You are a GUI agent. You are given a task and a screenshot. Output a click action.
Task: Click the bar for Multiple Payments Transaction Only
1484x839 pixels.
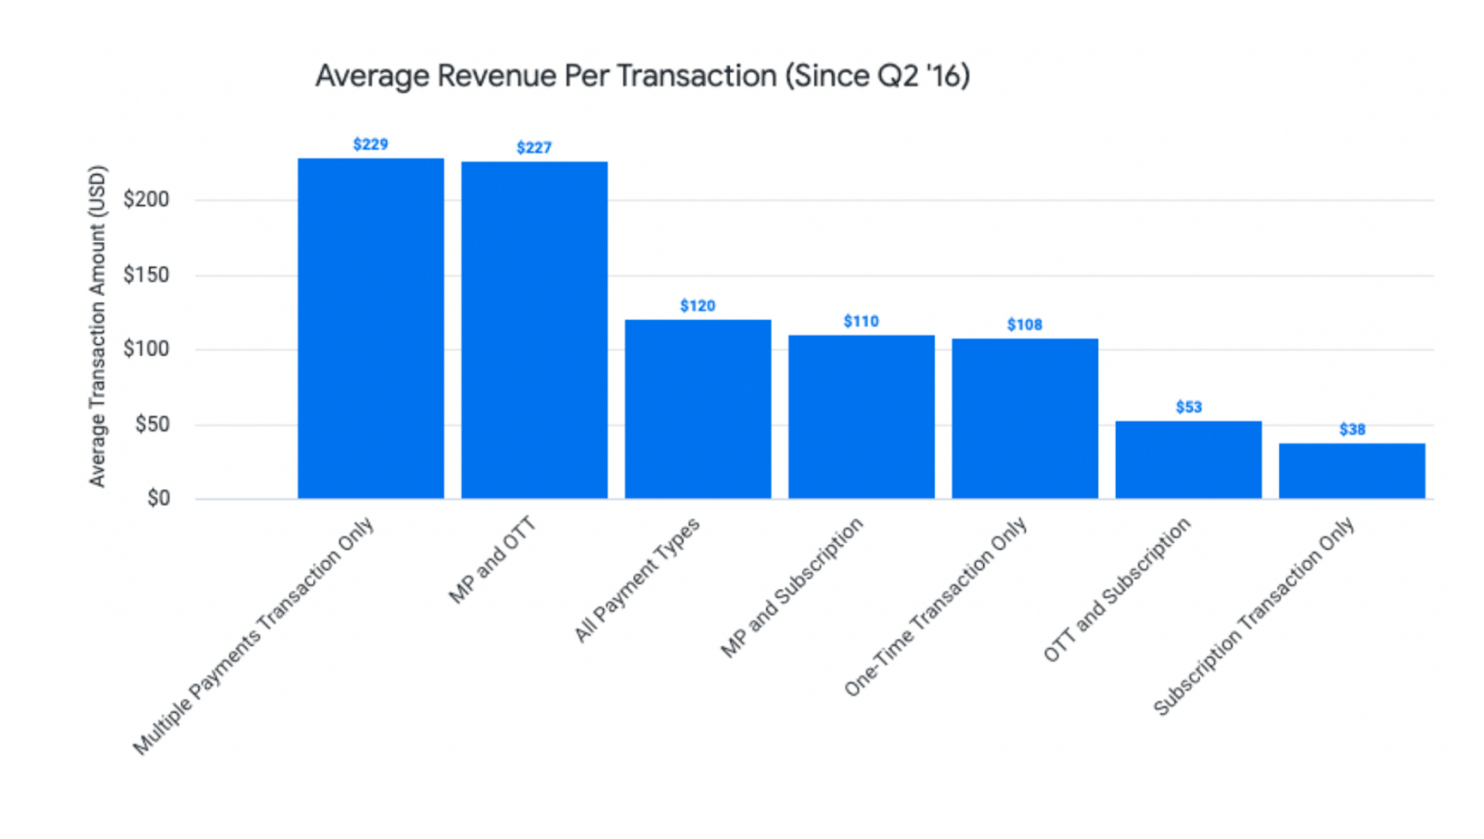coord(370,328)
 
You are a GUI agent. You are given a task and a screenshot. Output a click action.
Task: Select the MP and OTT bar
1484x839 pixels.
coord(534,330)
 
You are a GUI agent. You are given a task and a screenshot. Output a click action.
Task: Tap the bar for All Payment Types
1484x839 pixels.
coord(697,409)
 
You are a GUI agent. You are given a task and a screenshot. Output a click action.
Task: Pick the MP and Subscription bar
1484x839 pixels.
coord(861,416)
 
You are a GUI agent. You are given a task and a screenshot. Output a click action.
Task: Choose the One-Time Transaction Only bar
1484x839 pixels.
coord(1025,418)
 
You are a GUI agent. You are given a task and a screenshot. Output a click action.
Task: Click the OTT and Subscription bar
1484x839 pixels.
coord(1188,460)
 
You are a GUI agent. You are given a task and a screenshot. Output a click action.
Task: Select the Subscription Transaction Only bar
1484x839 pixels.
coord(1351,471)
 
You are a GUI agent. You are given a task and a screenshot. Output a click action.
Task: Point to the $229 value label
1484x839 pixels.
coord(370,145)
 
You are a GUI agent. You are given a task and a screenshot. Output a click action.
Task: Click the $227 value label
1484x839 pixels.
coord(534,147)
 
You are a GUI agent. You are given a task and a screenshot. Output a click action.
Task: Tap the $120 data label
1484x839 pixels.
coord(697,306)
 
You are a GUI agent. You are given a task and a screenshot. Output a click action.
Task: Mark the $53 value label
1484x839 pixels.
coord(1188,407)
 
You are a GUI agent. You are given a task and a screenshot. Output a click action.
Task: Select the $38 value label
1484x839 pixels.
coord(1351,429)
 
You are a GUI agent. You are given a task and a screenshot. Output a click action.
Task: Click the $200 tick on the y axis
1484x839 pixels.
coord(147,199)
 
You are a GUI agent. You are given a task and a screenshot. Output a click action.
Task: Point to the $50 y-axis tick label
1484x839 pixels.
coord(152,425)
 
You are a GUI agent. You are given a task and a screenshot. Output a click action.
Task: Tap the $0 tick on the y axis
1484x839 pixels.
coord(158,499)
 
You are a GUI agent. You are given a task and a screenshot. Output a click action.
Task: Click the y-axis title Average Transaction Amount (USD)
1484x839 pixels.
coord(97,326)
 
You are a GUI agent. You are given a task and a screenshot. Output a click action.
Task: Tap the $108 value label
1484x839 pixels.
coord(1025,324)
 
